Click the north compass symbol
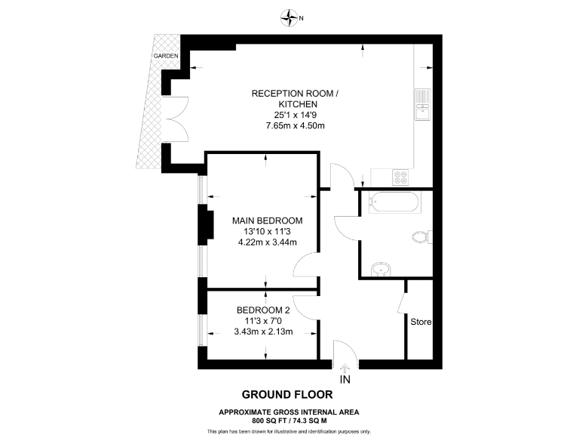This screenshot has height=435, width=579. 289,16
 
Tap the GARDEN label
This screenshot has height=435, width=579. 166,57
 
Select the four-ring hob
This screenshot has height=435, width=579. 400,177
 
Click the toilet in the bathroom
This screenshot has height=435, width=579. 421,238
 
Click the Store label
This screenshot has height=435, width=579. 421,322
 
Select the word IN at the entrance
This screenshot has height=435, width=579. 345,379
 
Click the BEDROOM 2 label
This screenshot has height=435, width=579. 263,310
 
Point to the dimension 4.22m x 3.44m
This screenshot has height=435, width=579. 267,242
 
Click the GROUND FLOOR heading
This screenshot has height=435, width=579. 286,394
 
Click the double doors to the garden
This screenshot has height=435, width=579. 178,119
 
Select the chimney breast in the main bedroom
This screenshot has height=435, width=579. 202,226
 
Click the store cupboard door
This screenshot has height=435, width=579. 400,305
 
